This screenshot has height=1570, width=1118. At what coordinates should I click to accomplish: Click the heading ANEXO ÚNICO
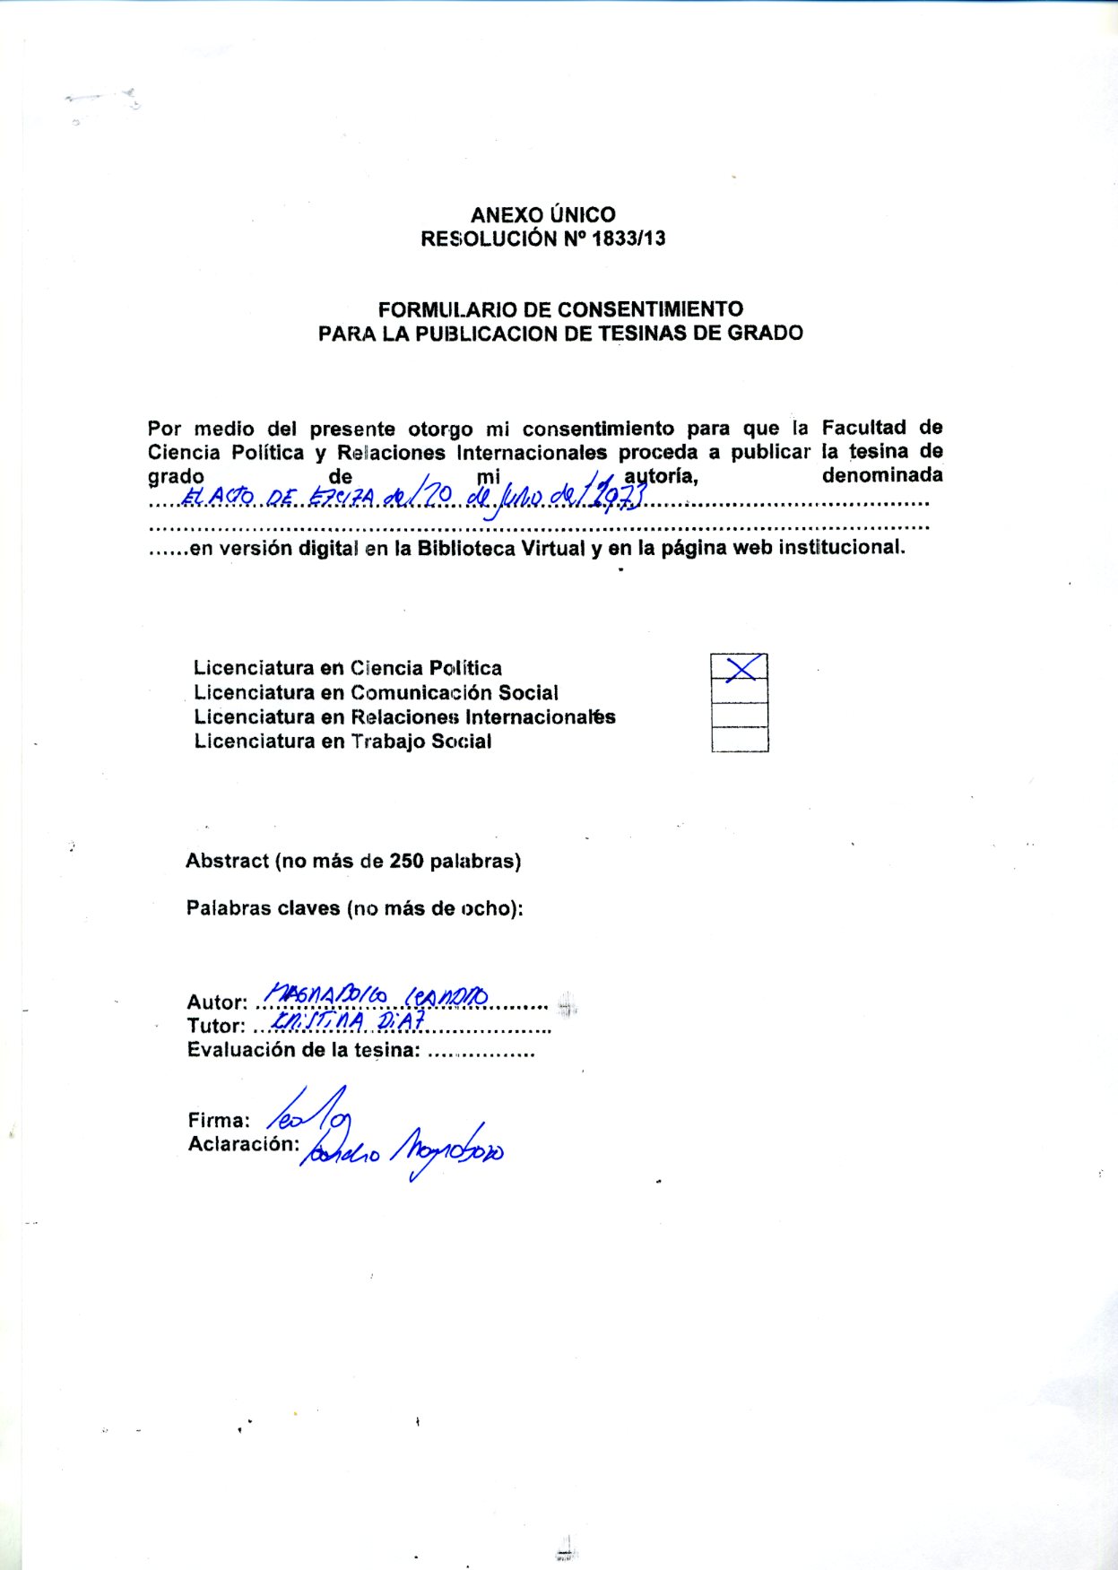542,215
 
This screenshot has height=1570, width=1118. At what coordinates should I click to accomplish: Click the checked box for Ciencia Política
740,667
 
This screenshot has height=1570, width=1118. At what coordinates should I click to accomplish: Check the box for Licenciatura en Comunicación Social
740,691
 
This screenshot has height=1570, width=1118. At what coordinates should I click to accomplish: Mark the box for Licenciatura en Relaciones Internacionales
740,716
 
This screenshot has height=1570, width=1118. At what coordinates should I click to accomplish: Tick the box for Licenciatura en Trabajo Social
740,740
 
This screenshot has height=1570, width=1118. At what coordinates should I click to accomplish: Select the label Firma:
219,1121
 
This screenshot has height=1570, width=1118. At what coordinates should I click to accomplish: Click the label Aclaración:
243,1144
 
